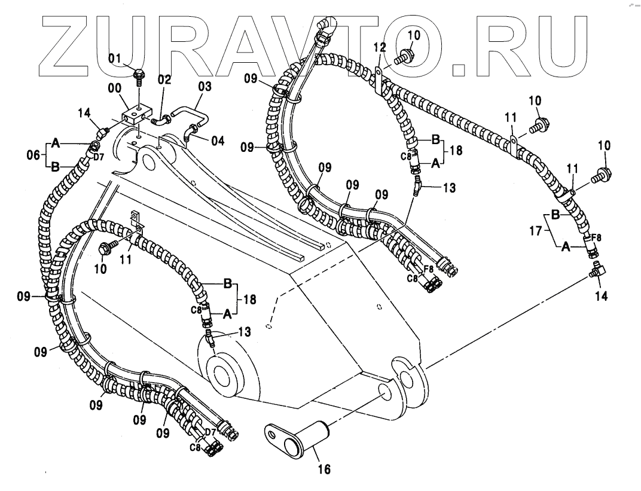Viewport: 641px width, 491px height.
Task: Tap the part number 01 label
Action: click(x=115, y=58)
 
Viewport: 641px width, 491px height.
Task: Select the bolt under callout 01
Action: click(x=139, y=75)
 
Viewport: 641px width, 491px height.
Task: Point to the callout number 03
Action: click(x=204, y=87)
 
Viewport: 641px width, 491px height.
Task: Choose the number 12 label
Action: click(x=378, y=47)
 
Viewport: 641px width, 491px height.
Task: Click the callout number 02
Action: click(x=164, y=79)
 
